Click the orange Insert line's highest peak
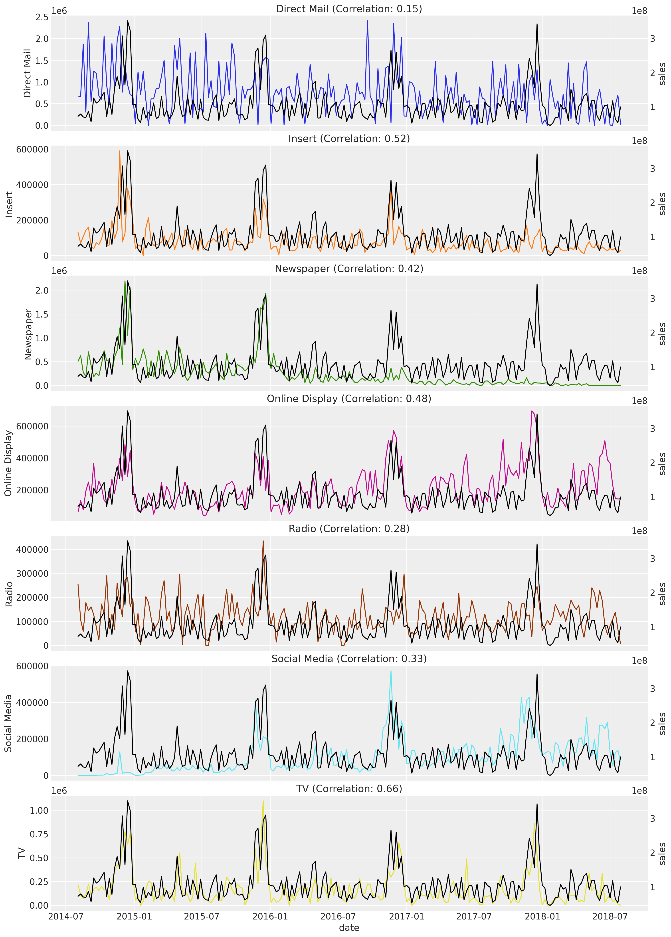coord(120,151)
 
